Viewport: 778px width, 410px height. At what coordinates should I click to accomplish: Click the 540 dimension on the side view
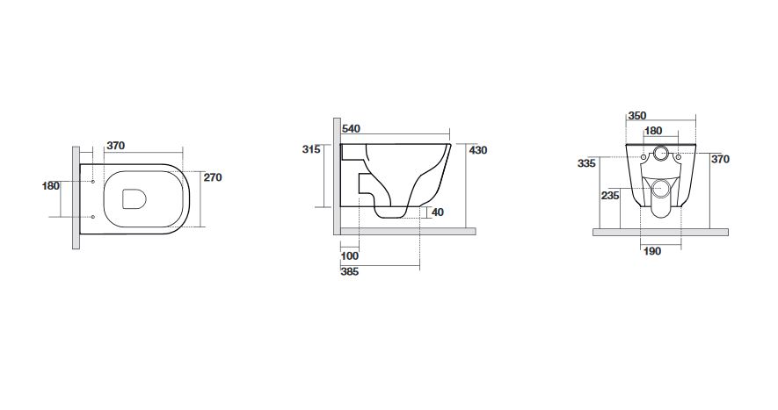352,129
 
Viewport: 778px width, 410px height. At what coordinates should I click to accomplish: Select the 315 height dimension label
311,149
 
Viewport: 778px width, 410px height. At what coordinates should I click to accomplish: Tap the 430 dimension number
478,150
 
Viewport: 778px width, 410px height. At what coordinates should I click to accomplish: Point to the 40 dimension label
438,212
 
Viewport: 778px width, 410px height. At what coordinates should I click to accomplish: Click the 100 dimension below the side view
350,256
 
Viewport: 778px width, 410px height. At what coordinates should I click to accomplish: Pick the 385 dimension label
350,271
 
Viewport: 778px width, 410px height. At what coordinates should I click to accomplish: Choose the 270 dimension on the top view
213,177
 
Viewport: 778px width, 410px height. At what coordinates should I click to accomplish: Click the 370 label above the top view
116,146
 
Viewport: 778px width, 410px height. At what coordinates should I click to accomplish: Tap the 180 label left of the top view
51,186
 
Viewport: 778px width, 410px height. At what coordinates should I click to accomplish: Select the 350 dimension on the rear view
637,116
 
